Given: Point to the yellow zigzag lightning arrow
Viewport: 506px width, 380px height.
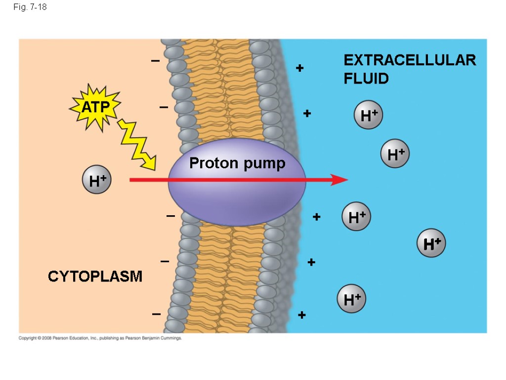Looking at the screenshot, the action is click(x=137, y=143).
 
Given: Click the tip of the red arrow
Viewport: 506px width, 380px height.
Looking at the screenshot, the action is click(x=346, y=180).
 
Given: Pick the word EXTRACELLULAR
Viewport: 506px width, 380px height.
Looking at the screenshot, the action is click(x=410, y=60).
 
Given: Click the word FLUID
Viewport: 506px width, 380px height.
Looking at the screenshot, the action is click(x=366, y=78).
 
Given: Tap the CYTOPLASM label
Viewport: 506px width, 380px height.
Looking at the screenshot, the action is click(x=95, y=276).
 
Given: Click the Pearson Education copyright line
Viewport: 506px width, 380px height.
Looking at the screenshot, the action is click(x=100, y=338).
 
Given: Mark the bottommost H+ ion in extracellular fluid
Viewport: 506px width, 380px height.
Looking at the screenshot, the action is click(x=351, y=299).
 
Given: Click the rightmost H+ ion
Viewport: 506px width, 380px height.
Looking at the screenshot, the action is click(x=431, y=243).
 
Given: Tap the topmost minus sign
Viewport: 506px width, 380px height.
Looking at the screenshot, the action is click(x=156, y=61).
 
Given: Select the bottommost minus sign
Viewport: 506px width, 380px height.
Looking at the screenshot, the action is click(x=157, y=314).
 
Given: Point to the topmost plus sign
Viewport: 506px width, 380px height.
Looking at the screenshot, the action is click(x=299, y=68).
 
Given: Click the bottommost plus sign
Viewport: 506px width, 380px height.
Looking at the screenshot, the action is click(x=302, y=315).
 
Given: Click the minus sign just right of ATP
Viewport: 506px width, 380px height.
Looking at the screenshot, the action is click(x=164, y=107).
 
